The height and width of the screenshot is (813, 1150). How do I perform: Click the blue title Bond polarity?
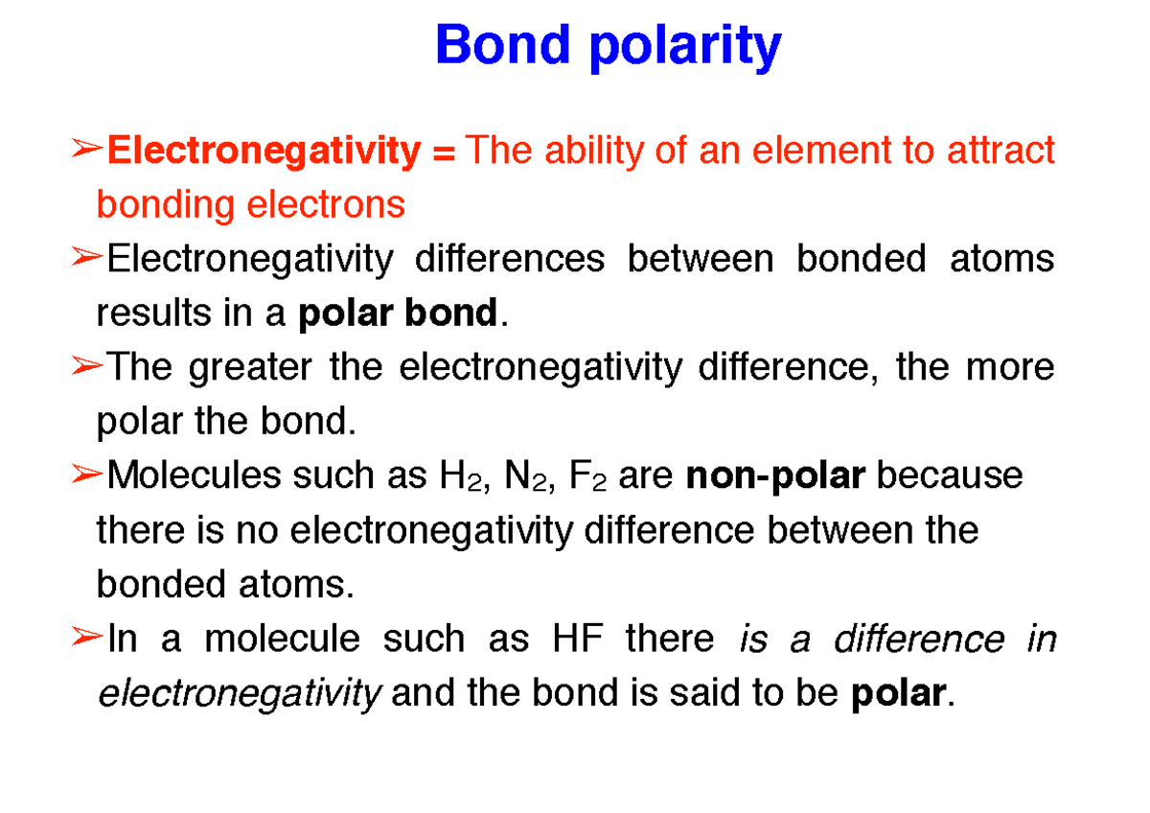click(x=608, y=45)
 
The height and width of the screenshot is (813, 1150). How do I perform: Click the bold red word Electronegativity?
click(x=264, y=151)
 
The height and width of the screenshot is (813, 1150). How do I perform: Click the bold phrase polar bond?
click(x=399, y=313)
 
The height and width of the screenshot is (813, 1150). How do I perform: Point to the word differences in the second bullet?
click(x=510, y=259)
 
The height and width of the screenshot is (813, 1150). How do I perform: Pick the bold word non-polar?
click(x=776, y=476)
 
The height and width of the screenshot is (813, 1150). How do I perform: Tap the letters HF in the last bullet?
click(x=578, y=639)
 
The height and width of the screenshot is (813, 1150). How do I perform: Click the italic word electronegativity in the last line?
click(x=240, y=693)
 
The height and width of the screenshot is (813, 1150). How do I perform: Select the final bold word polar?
click(x=897, y=693)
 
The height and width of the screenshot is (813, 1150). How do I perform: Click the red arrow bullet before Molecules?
click(x=86, y=474)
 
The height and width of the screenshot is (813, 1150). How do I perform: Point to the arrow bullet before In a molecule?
click(x=86, y=637)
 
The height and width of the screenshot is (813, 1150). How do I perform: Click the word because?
click(x=950, y=476)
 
